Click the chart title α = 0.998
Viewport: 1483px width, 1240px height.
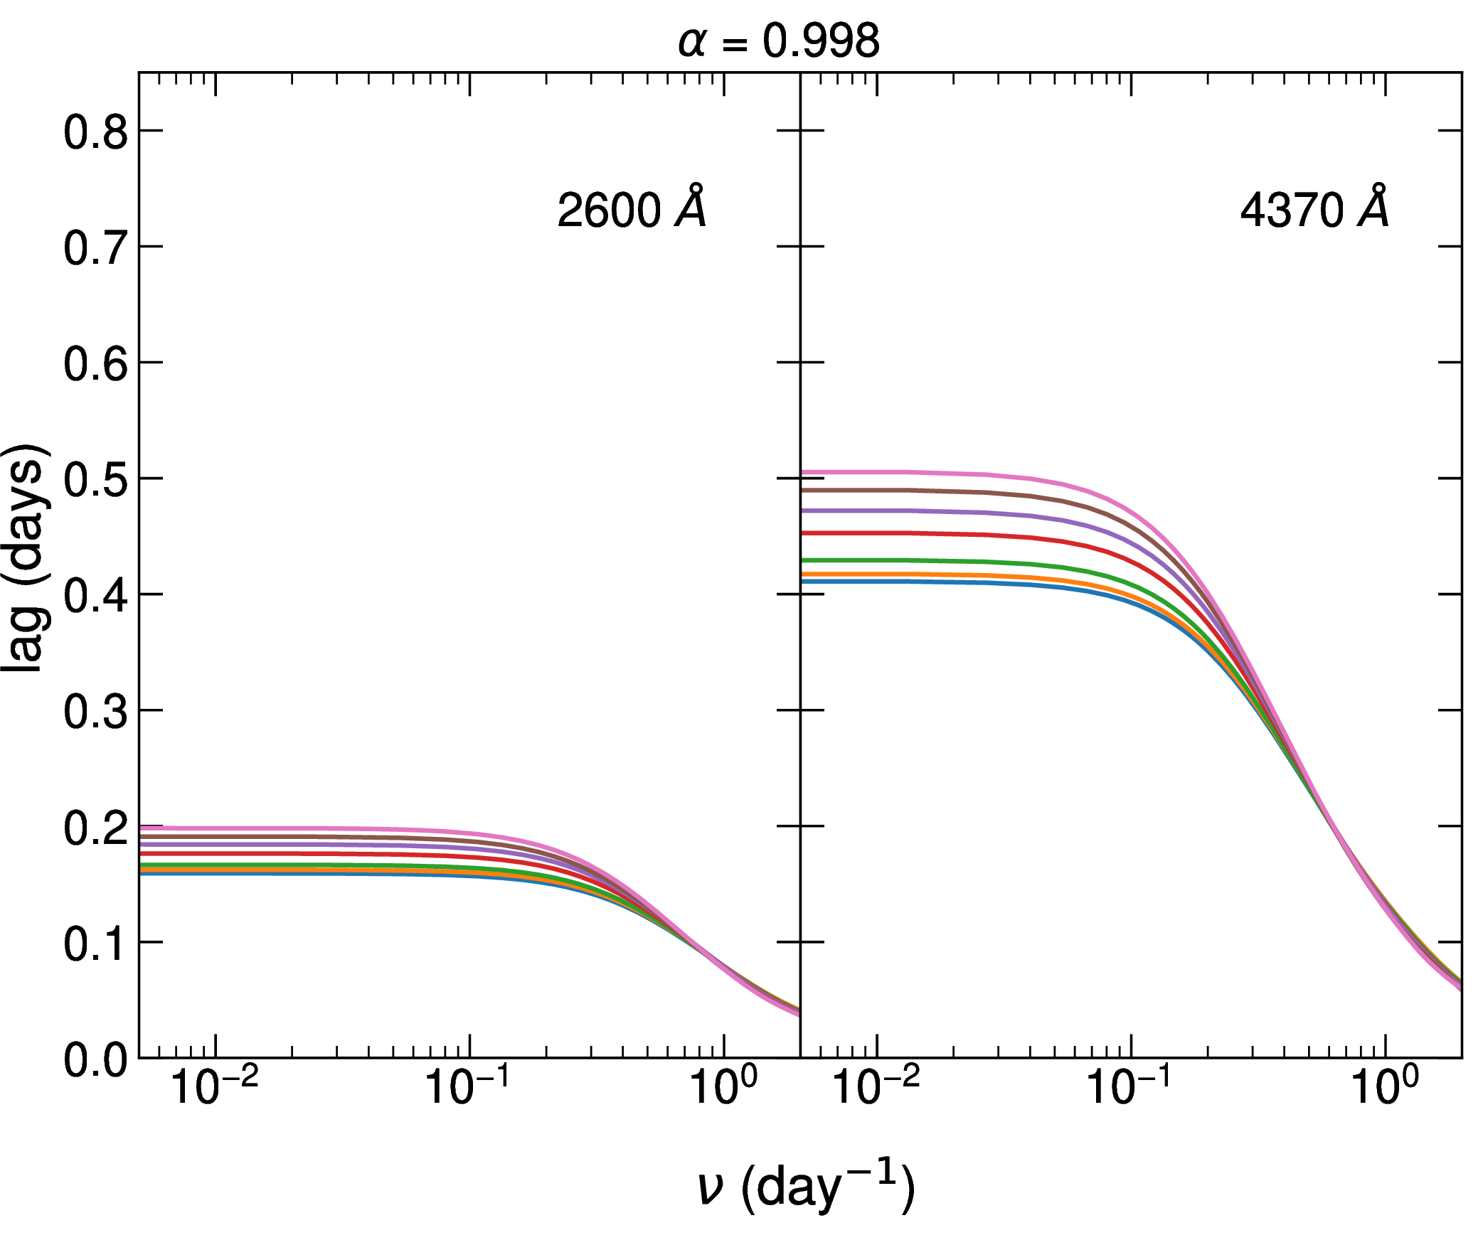click(x=779, y=41)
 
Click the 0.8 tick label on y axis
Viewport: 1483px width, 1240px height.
click(x=96, y=132)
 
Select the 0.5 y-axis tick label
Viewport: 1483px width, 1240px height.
click(x=96, y=480)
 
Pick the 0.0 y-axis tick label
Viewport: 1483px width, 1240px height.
click(x=96, y=1061)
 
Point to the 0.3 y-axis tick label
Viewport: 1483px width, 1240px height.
click(x=96, y=712)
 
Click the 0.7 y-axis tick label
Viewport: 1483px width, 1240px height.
click(x=96, y=248)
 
